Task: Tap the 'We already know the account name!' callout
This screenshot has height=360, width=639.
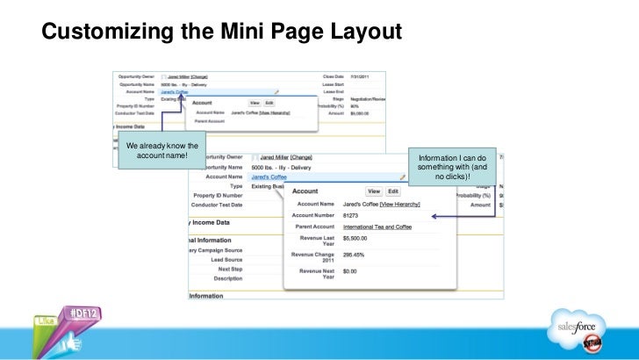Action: (162, 150)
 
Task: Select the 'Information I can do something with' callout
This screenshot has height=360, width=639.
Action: (457, 163)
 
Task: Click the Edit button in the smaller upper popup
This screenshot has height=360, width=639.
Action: (269, 103)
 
